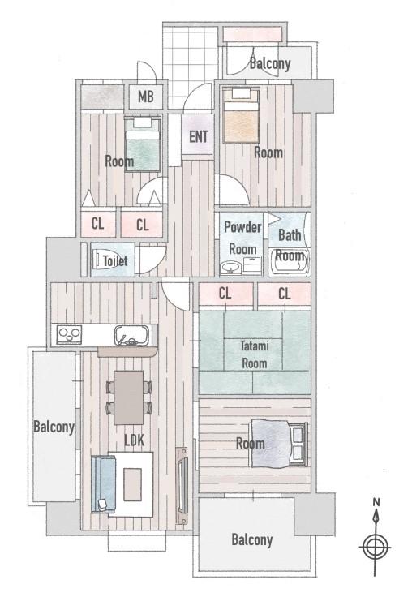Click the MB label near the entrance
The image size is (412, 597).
(145, 97)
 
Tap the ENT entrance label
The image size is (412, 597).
(199, 136)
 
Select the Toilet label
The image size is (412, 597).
(115, 261)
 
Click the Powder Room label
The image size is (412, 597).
(242, 238)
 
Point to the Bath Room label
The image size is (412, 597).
(290, 245)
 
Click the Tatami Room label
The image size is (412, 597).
(255, 354)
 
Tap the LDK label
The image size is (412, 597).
(135, 440)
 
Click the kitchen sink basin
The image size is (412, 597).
(131, 335)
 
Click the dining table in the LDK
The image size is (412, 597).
(129, 397)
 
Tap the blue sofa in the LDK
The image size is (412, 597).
(103, 484)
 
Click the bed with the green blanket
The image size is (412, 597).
(143, 144)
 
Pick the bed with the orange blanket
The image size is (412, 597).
(242, 115)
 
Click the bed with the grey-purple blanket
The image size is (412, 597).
(278, 443)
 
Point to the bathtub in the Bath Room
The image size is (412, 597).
(289, 262)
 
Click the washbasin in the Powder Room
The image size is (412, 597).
(231, 268)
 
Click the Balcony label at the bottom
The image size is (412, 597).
(252, 539)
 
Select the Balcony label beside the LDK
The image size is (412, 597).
(54, 427)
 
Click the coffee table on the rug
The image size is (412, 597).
(132, 484)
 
